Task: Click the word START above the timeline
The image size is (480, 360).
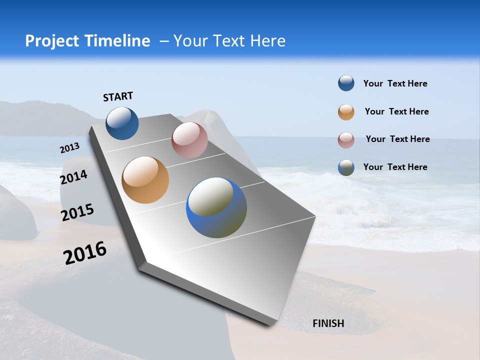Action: click(118, 96)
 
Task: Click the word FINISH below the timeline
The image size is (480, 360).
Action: click(328, 323)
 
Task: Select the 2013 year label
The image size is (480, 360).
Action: click(69, 148)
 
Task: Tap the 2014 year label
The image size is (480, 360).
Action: click(73, 177)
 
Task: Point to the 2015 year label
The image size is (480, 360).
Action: click(77, 212)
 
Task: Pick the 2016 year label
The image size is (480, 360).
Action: click(85, 253)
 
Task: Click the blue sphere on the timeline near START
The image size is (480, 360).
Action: click(122, 123)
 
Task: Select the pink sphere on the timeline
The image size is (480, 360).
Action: click(189, 140)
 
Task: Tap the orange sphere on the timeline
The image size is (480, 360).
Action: click(145, 180)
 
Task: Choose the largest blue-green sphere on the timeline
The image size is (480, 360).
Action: click(216, 207)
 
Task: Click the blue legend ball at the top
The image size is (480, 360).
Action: click(346, 83)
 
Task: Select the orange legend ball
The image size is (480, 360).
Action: click(346, 112)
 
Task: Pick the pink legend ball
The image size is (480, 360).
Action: click(346, 140)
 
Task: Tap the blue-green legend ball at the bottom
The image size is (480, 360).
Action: click(346, 167)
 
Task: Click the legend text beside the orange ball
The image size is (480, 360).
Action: click(396, 111)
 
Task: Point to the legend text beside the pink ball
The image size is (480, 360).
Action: click(397, 139)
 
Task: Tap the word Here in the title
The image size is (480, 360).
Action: click(268, 41)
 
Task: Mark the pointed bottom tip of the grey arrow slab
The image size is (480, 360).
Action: click(270, 325)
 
